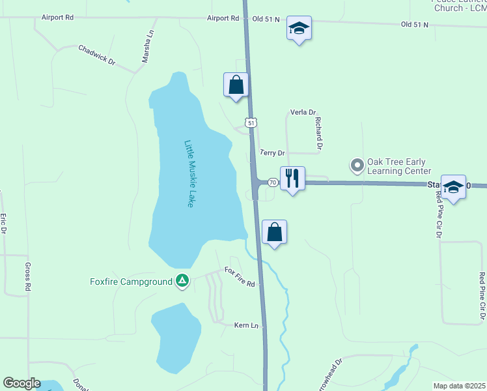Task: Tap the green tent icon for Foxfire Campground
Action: pos(183,281)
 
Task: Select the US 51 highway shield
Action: pos(251,122)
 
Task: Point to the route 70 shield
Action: pos(272,182)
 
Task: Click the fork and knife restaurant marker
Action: pos(292,178)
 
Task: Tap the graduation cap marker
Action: pos(299,28)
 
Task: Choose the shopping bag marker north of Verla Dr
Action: pos(236,85)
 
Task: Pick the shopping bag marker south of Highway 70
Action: pos(275,232)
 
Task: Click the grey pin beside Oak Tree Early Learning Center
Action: pos(357,166)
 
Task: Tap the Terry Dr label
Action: pos(272,153)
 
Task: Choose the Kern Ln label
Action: pos(246,325)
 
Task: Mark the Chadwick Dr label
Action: pos(96,55)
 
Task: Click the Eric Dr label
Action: pos(3,224)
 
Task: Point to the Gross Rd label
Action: pos(28,277)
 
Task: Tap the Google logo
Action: pos(21,383)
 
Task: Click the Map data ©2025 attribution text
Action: pos(460,386)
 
